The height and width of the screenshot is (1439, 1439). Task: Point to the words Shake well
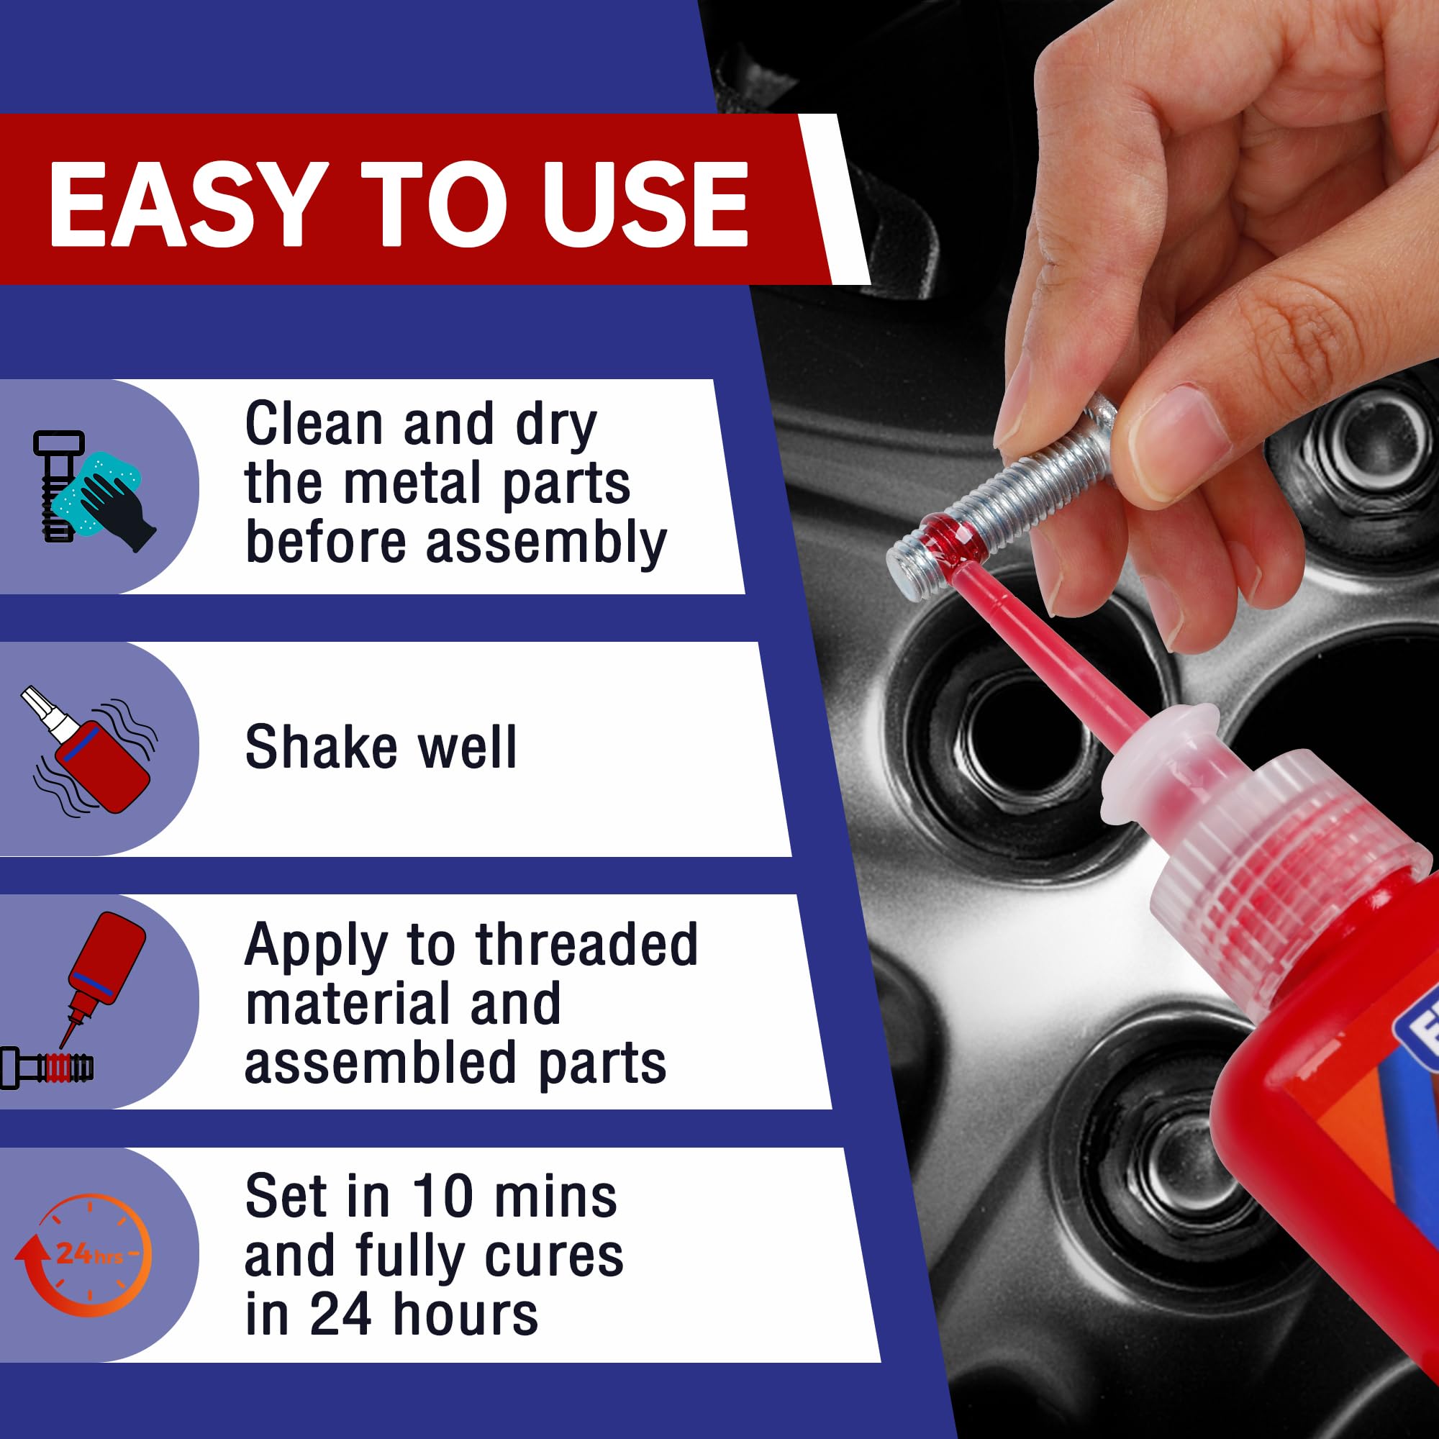point(381,747)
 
